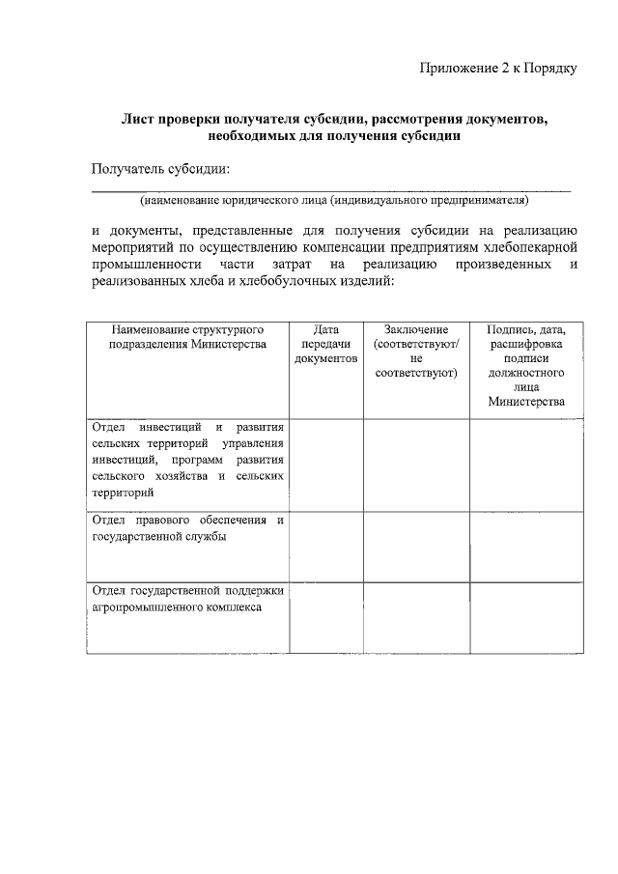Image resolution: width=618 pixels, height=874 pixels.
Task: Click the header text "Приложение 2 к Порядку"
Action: (498, 68)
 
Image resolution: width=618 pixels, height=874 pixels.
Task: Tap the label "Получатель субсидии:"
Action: (160, 170)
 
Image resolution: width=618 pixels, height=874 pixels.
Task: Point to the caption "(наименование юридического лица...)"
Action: (334, 201)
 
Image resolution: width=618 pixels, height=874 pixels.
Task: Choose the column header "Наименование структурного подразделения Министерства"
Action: (187, 337)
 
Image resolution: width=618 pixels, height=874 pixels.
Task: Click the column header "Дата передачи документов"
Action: (325, 344)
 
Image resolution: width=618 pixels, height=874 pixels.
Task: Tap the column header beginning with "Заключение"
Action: (416, 351)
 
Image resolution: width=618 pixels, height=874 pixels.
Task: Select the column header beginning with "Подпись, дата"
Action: (526, 365)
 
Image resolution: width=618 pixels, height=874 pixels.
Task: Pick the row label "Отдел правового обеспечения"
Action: (187, 529)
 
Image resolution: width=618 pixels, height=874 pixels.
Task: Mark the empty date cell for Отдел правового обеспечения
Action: (325, 547)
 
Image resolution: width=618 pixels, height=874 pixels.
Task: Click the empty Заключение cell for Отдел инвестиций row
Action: (416, 465)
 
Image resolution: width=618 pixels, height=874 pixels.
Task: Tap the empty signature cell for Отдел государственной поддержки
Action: (526, 618)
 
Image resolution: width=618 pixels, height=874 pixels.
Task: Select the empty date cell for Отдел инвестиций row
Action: (325, 465)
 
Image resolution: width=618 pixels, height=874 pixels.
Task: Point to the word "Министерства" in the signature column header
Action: (526, 402)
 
